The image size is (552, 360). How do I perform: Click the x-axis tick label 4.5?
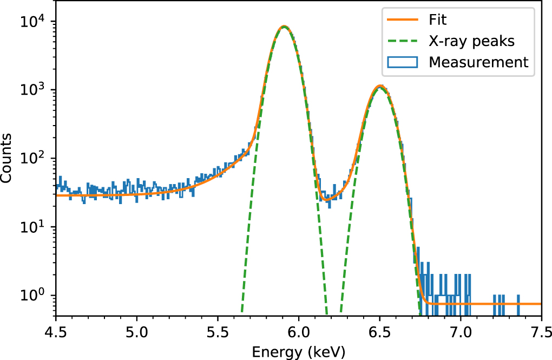(56, 330)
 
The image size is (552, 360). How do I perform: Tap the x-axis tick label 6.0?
(299, 330)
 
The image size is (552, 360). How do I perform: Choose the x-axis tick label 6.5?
(379, 330)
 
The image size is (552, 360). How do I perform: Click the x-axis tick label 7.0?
(461, 330)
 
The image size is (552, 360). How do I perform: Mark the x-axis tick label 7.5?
(541, 330)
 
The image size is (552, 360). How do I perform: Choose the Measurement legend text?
(478, 62)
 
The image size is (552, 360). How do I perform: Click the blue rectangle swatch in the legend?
(403, 62)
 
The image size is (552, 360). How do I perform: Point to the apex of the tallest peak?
(283, 26)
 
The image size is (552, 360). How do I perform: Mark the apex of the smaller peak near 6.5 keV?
(380, 86)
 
